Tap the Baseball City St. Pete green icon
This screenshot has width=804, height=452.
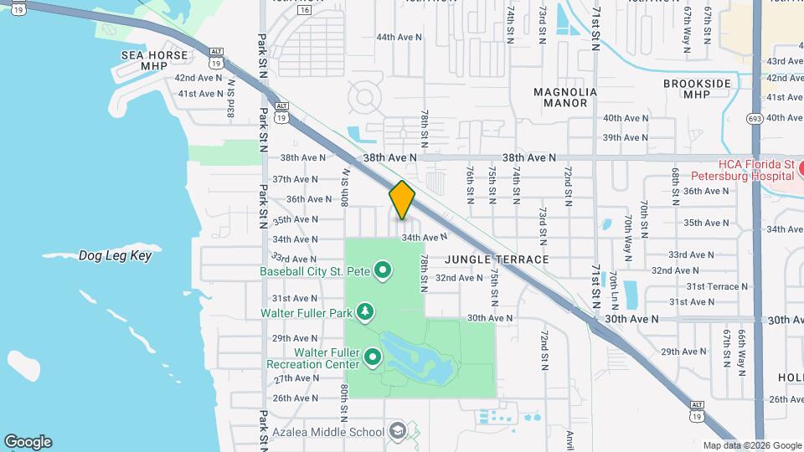point(383,270)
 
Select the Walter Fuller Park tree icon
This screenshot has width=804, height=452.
point(365,313)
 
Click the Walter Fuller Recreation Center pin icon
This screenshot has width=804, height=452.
point(372,358)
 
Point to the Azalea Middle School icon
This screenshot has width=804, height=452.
point(397,432)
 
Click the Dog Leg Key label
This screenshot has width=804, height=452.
point(115,255)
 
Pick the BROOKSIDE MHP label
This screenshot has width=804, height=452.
point(698,89)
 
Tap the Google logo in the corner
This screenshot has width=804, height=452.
point(28,442)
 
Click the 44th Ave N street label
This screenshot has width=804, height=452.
point(399,38)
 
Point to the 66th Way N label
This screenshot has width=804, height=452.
point(742,350)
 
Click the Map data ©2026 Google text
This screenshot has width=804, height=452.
point(752,445)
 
